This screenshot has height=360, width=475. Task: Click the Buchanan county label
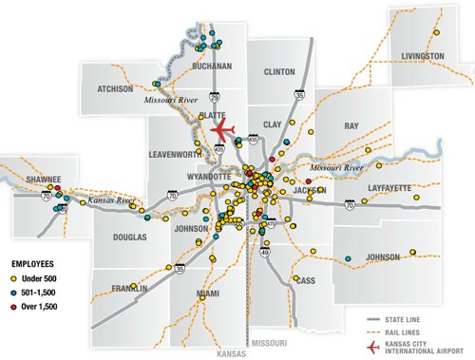[211, 66]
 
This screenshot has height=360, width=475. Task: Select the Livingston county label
[423, 56]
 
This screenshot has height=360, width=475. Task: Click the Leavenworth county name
[177, 154]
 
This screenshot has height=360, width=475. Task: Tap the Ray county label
[351, 125]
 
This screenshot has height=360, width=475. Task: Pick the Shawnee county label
[43, 178]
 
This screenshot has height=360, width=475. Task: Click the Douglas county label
[131, 237]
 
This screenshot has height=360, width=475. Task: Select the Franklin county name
[129, 288]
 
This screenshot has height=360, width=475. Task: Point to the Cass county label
[306, 280]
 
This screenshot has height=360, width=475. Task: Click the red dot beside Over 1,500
[13, 306]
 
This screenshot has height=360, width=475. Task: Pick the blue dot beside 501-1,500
[13, 292]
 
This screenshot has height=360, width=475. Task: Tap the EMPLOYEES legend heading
[31, 261]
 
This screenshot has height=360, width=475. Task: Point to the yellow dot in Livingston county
[435, 32]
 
